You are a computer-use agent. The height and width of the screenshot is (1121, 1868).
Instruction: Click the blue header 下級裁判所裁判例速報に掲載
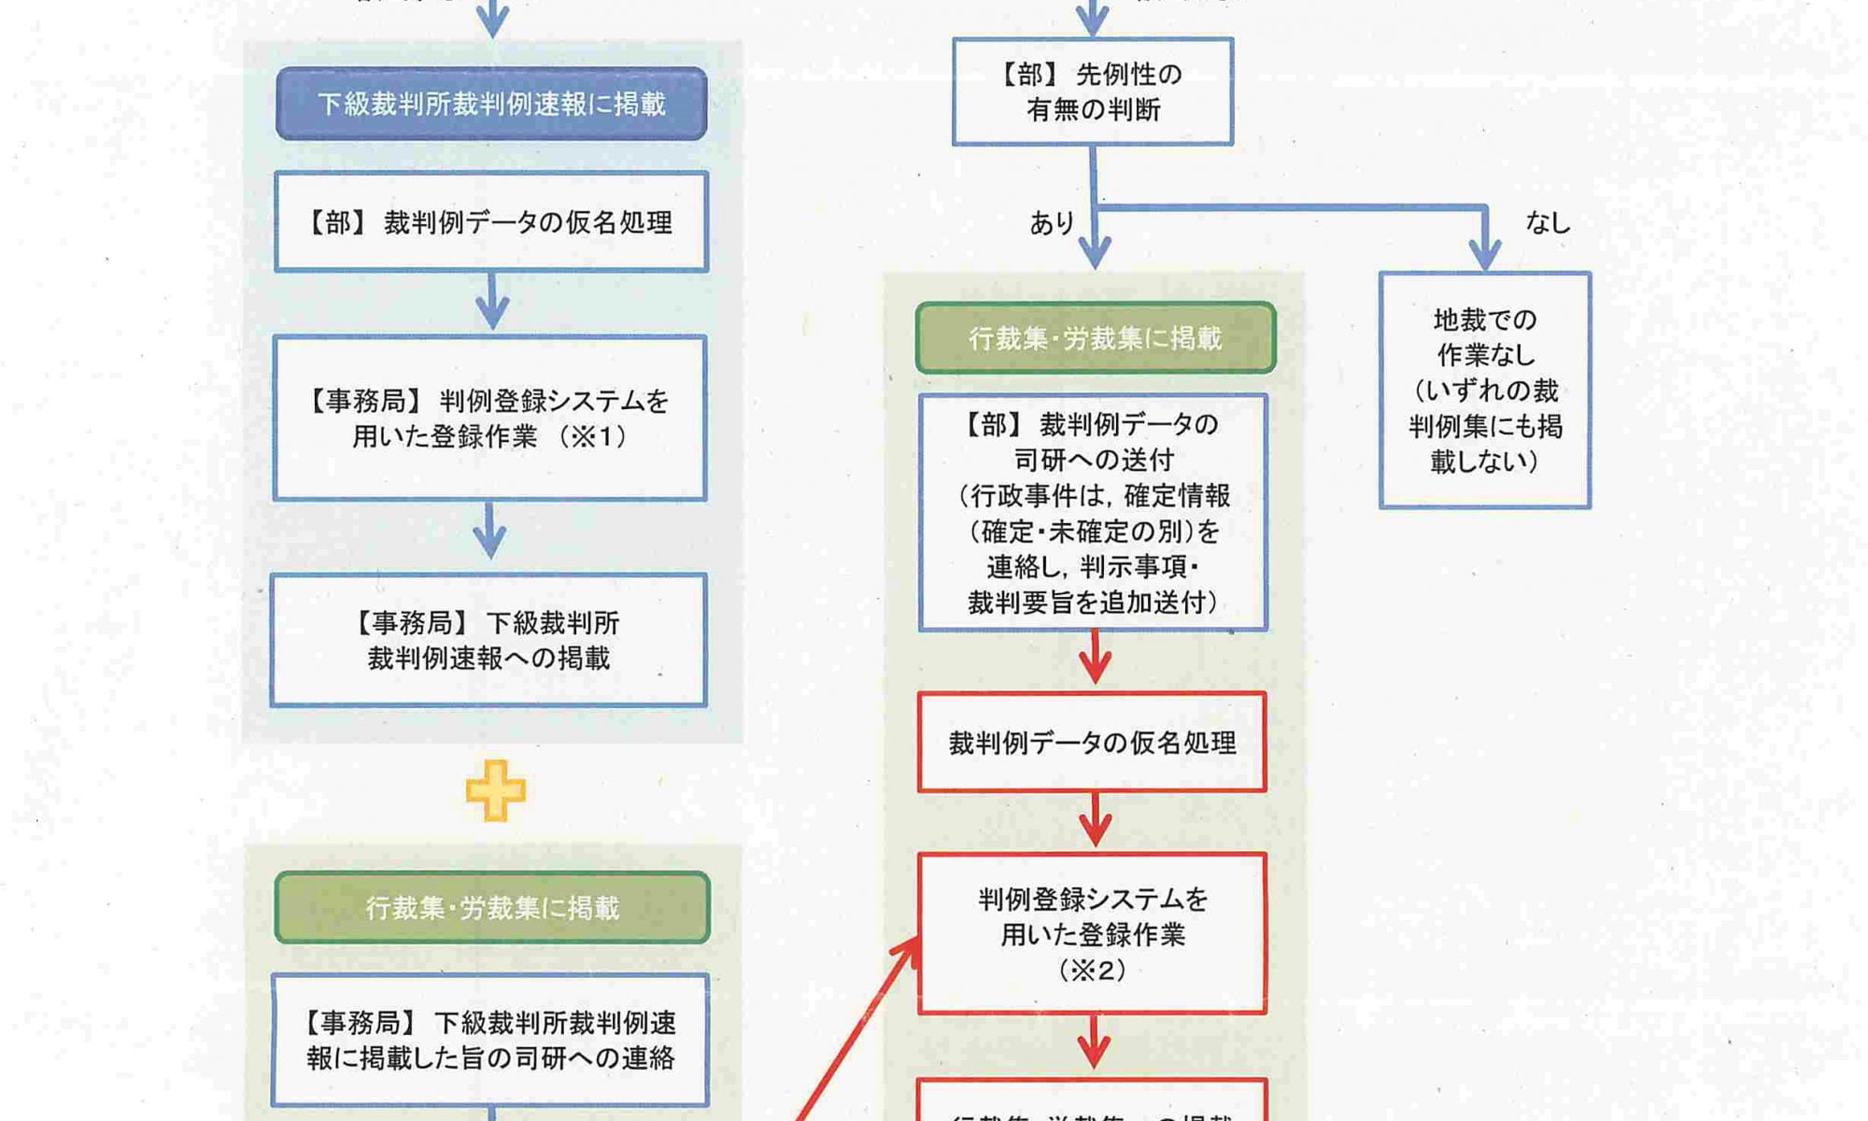(x=491, y=104)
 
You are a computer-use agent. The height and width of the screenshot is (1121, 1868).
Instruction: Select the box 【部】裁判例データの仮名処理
(x=491, y=222)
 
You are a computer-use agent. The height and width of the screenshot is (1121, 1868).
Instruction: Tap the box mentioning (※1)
(x=489, y=419)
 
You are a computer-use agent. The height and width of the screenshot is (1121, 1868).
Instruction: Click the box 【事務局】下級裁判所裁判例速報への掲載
(x=488, y=640)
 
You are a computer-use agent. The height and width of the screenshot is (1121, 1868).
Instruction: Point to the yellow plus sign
(x=495, y=790)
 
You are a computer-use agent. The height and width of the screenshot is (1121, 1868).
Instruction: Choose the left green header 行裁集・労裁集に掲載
(x=492, y=907)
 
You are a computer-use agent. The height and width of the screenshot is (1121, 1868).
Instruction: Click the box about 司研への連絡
(x=490, y=1040)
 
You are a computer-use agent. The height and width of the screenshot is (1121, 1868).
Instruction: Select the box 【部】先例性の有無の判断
(x=1093, y=92)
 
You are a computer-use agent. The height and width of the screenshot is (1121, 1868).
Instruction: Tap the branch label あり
(x=1052, y=223)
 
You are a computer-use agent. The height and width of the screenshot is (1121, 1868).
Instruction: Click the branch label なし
(x=1548, y=222)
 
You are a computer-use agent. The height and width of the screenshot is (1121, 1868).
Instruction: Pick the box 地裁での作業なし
(x=1485, y=390)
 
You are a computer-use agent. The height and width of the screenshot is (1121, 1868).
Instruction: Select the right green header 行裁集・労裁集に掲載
(x=1096, y=338)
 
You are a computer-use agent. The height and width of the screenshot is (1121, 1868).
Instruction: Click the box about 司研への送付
(x=1093, y=513)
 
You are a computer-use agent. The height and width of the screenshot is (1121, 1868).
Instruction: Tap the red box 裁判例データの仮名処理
(x=1092, y=743)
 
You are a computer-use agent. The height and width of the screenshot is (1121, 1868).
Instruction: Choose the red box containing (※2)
(x=1092, y=933)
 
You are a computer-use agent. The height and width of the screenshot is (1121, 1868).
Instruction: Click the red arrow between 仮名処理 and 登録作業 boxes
(x=1095, y=821)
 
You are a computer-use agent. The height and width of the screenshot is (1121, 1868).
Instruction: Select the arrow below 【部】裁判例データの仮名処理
(x=491, y=301)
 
